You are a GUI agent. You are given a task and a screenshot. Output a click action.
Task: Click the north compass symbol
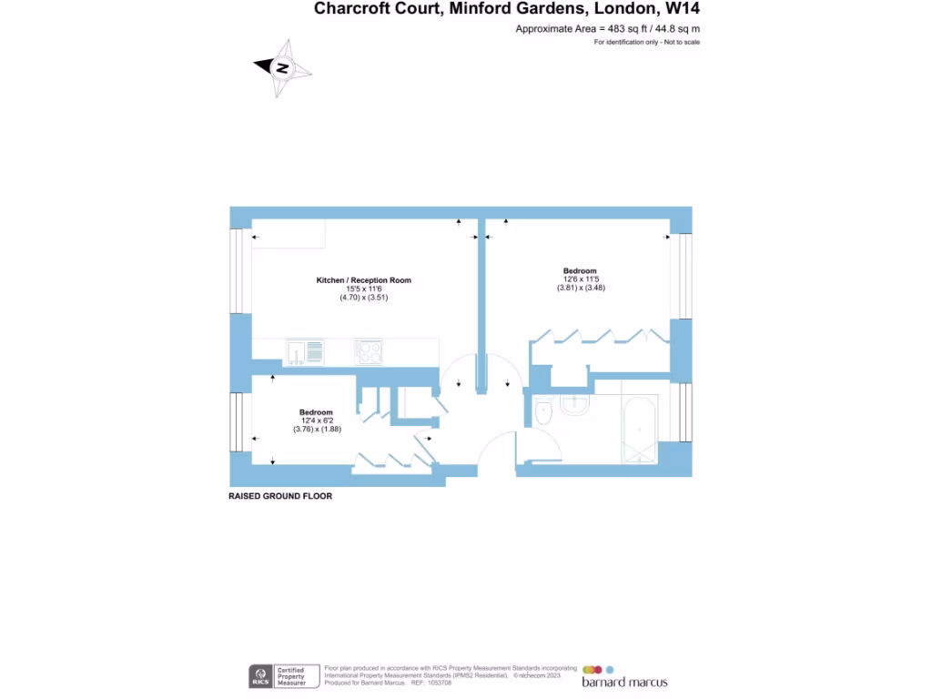coord(283,68)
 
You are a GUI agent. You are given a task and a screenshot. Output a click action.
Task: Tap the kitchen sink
coord(304,351)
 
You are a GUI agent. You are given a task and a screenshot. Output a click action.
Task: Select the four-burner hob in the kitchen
coord(369,351)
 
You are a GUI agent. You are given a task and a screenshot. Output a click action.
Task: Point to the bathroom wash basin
coord(576,405)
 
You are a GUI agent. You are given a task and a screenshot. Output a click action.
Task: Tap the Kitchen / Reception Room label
coord(363,280)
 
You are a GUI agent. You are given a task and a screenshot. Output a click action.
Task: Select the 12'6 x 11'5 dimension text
coord(580,279)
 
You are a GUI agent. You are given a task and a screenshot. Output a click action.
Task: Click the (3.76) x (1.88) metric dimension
coord(316,430)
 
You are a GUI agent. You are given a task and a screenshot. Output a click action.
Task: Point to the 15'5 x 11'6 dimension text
coord(363,289)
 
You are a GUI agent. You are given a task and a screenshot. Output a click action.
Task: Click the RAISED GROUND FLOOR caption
coord(280,497)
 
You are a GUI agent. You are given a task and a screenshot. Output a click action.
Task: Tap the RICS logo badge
coord(260,676)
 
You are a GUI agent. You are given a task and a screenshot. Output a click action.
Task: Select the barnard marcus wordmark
coord(624,683)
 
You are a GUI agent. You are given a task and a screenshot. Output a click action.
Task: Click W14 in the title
coord(683,9)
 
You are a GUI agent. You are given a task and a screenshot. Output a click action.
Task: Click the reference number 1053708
coord(440,682)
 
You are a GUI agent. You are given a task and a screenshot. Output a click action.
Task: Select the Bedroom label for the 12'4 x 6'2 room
coord(316,412)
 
